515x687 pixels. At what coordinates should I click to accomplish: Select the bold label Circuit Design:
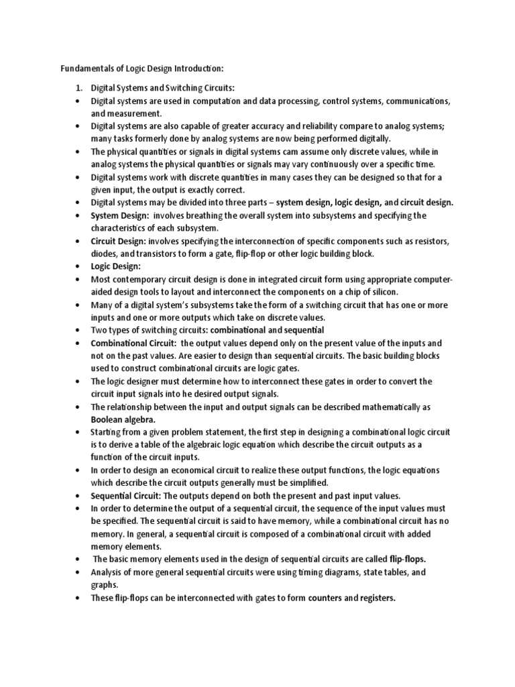coord(119,240)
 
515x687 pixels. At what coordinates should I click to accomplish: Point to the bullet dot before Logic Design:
coord(78,266)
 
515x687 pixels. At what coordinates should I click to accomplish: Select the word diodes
coord(105,254)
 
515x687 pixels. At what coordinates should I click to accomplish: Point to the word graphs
coord(104,585)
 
